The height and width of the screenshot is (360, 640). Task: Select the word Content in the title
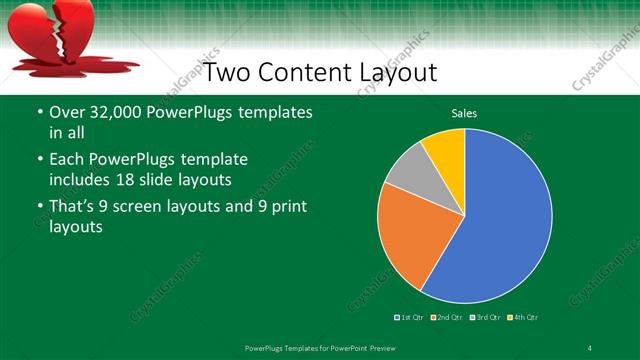click(x=303, y=72)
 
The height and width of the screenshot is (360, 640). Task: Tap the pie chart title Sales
click(x=464, y=114)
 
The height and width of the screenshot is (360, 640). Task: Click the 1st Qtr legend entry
click(x=409, y=317)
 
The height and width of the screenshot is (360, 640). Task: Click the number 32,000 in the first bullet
click(x=113, y=113)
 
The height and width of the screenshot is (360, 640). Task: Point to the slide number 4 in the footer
click(x=590, y=347)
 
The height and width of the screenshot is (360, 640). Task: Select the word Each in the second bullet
click(x=66, y=160)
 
